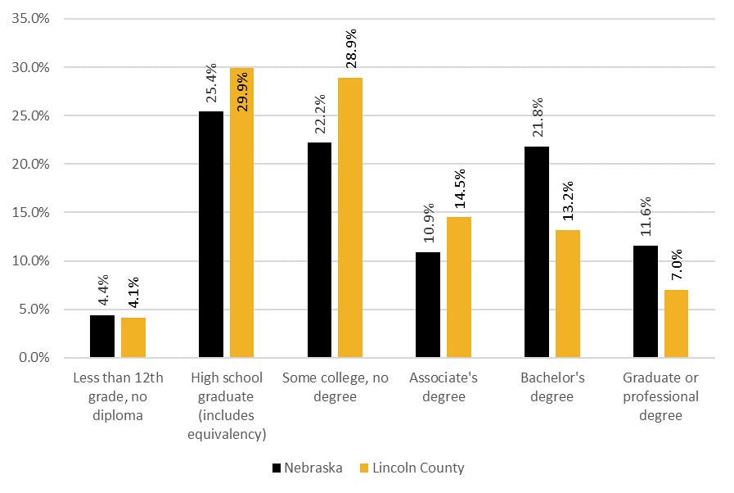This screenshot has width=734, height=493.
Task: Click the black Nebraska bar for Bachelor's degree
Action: [537, 252]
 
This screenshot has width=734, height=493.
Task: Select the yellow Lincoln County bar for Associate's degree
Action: [459, 287]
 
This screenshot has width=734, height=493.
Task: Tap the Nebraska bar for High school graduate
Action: [211, 234]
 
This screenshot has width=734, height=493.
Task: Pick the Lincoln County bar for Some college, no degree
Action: [350, 218]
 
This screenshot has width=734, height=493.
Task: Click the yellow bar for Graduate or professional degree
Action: [676, 323]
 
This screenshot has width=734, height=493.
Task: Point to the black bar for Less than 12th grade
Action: [102, 337]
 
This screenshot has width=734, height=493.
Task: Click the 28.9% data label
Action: [351, 48]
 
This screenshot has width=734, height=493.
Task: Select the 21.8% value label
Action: [538, 117]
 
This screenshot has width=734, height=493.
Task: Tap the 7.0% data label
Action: [677, 265]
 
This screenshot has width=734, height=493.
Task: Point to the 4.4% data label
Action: [103, 290]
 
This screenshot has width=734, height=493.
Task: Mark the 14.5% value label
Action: [460, 188]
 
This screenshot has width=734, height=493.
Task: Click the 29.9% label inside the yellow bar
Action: [242, 92]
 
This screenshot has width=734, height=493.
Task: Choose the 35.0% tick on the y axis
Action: [31, 19]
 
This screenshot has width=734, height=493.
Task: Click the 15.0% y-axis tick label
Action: [31, 212]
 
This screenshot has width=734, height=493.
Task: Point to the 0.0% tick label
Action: [34, 358]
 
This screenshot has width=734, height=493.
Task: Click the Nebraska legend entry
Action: [308, 468]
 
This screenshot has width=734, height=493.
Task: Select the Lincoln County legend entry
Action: [412, 468]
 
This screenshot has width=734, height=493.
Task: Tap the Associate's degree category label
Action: [444, 387]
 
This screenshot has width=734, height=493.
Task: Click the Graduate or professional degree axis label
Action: [660, 396]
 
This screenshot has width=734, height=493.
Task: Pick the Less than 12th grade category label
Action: [118, 396]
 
